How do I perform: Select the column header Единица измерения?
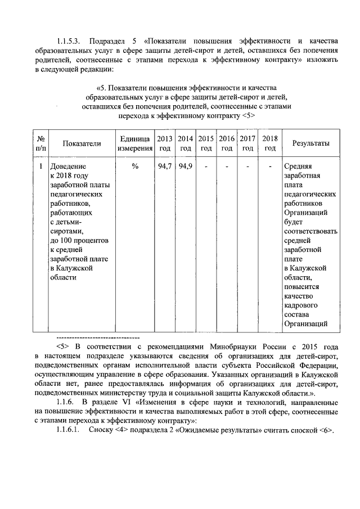(x=135, y=143)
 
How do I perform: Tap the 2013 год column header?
(x=165, y=143)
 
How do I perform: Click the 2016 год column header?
(x=227, y=143)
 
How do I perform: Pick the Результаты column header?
(x=311, y=143)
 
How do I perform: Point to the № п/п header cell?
(x=40, y=143)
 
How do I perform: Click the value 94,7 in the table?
(x=165, y=167)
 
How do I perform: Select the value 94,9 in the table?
(x=186, y=167)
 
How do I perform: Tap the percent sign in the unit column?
(x=135, y=167)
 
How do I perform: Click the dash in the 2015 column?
(x=206, y=167)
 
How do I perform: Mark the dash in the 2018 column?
(x=270, y=167)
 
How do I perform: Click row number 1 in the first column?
(x=40, y=167)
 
